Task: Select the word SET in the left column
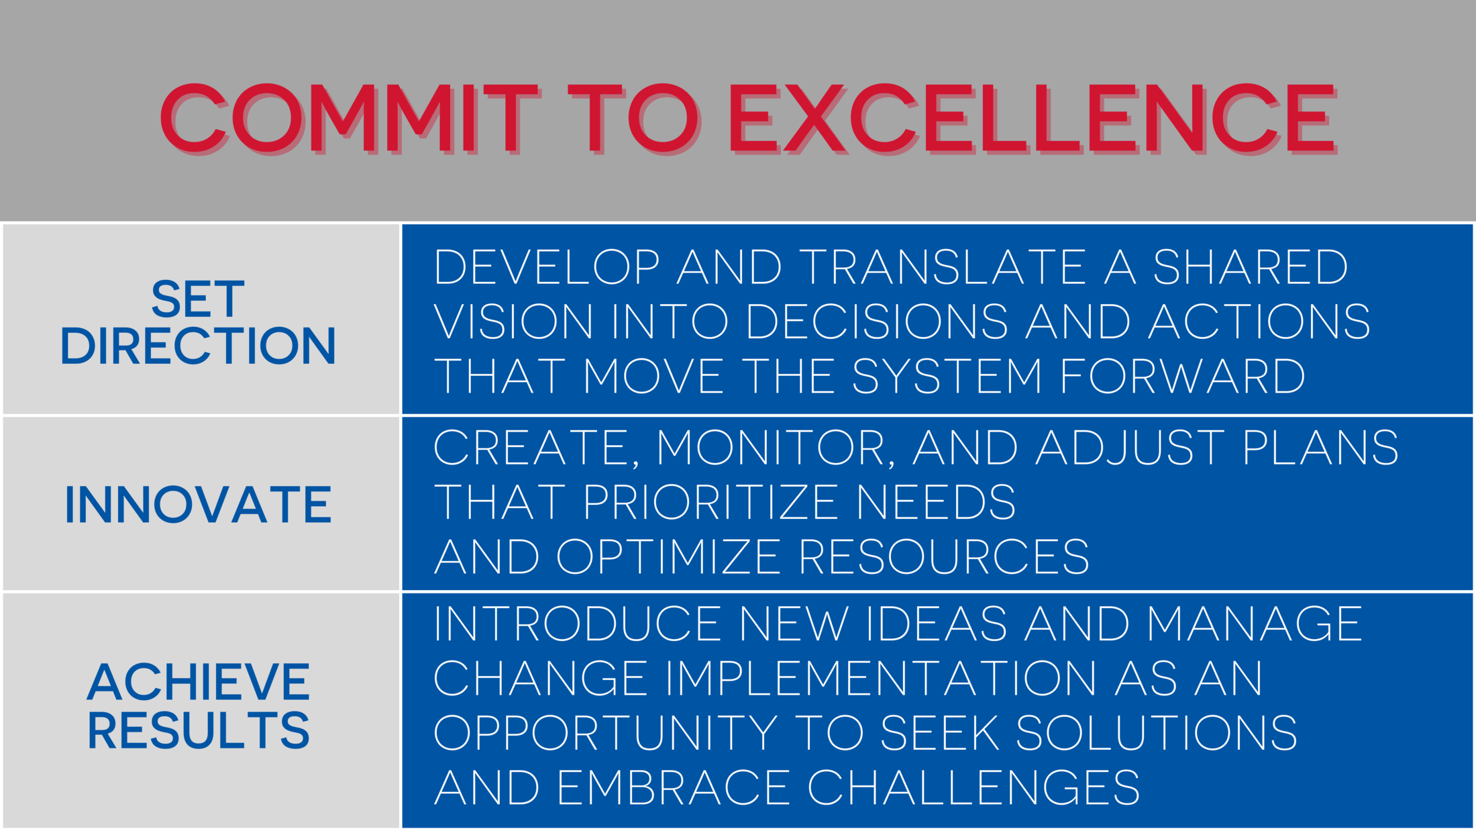pos(198,299)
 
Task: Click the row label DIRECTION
pos(198,346)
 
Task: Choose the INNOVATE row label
pos(198,504)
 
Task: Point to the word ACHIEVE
pos(199,682)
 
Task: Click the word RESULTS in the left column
pos(199,730)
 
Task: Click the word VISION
pos(513,321)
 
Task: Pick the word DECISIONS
pos(877,321)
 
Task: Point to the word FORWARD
pos(1183,375)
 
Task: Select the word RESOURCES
pos(944,556)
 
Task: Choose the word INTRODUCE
pos(578,624)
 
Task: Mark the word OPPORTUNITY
pos(606,732)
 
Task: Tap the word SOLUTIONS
pos(1156,732)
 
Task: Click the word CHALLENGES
pos(973,787)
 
